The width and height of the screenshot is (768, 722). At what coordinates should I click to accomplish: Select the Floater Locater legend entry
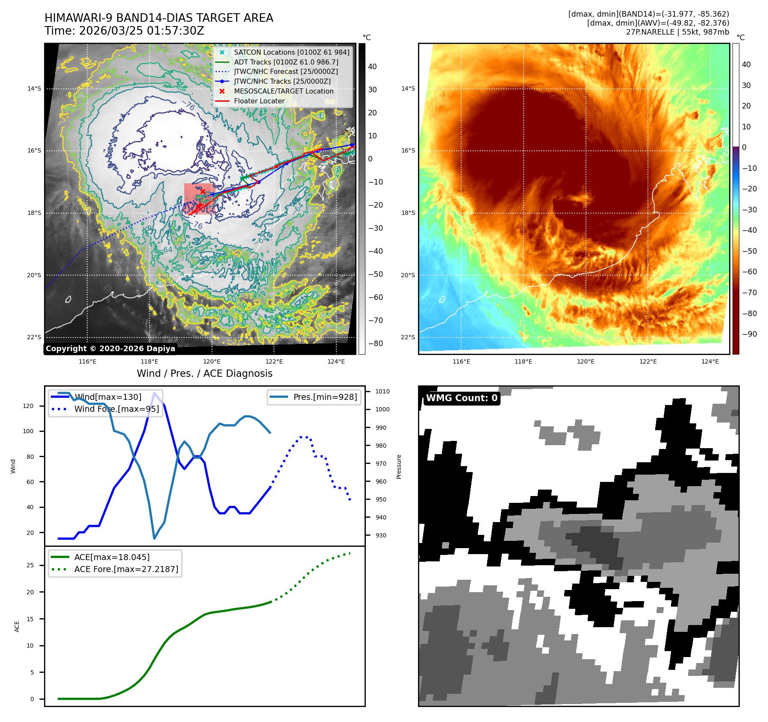259,101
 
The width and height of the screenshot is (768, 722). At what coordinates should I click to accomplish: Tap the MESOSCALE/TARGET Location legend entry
283,91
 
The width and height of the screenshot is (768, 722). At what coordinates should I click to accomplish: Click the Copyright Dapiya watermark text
110,349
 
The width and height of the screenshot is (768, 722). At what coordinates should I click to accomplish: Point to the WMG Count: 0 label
462,398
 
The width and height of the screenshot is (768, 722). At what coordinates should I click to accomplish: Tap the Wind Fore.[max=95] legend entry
116,409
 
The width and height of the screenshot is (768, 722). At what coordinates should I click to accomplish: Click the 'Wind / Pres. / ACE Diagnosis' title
204,373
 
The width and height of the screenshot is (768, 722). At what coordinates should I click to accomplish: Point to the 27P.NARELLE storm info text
677,32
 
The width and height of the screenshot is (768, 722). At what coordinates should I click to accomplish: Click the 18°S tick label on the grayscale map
35,213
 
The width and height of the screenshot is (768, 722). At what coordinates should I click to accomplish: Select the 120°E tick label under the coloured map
586,361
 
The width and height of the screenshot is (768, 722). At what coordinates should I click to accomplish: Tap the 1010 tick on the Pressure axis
382,391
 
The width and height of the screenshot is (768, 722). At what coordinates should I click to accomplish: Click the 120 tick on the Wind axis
28,406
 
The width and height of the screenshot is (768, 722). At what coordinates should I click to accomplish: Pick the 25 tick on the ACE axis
30,565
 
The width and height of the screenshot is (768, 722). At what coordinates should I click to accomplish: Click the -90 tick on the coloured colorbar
749,334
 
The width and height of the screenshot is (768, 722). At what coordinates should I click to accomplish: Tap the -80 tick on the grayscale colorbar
375,343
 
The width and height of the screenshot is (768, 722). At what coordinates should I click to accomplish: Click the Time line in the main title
124,31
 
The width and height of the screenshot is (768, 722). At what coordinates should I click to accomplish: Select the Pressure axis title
399,467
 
